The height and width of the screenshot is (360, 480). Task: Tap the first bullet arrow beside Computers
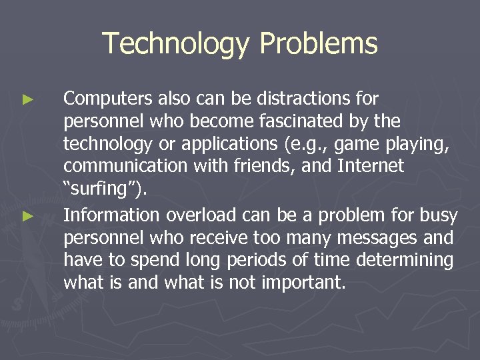(x=27, y=100)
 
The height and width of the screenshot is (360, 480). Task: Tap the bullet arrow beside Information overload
(x=27, y=216)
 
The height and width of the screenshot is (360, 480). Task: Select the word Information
(x=111, y=215)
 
